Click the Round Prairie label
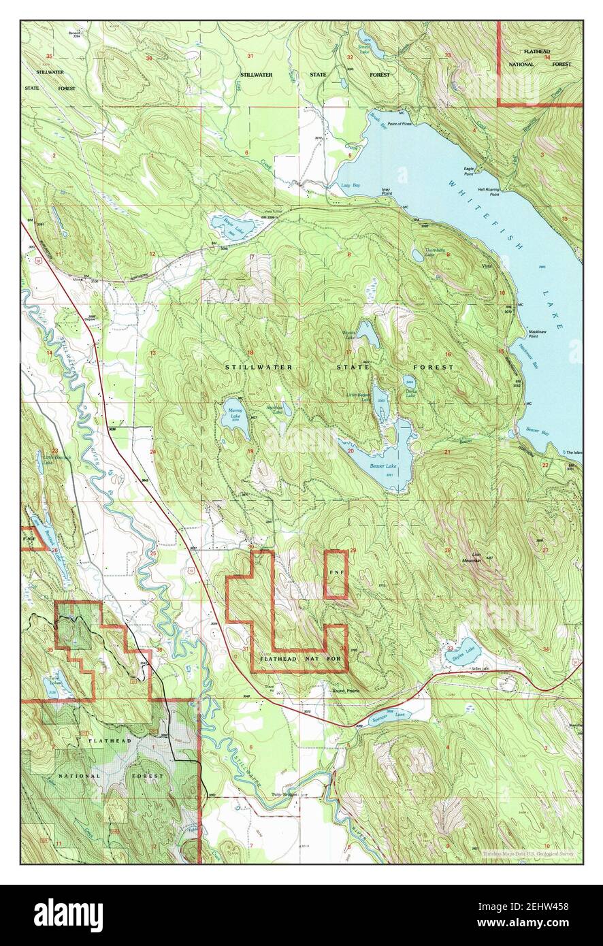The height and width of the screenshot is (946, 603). (344, 691)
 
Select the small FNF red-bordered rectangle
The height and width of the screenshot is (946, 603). (336, 574)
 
